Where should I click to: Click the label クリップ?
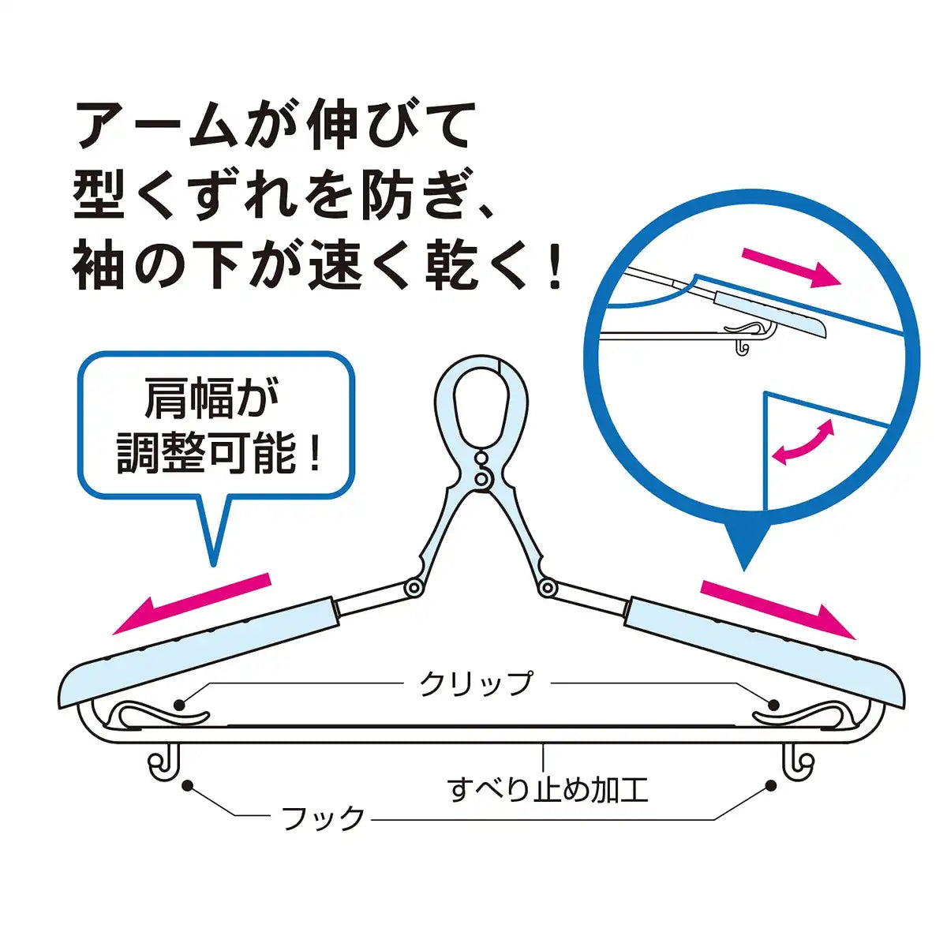click(x=476, y=683)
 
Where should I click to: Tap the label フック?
click(x=324, y=818)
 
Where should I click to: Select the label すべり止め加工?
click(x=548, y=789)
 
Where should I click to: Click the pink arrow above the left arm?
click(x=192, y=604)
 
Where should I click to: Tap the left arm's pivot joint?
click(x=412, y=588)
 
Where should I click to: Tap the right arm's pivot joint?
click(x=546, y=587)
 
